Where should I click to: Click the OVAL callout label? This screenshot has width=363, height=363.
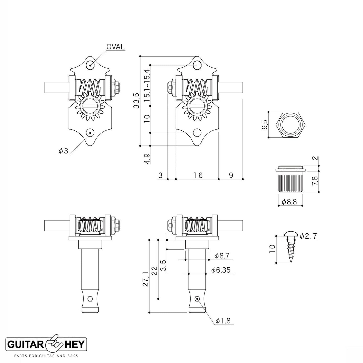point(115,47)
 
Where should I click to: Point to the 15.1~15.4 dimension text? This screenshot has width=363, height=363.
point(147,85)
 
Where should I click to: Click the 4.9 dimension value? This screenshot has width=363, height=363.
point(147,159)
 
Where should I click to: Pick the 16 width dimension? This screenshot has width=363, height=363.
point(198,175)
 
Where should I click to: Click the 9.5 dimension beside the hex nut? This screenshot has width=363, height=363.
point(264,125)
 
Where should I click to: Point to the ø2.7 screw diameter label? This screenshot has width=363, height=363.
point(309,236)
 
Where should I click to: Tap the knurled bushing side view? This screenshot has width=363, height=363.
point(291,180)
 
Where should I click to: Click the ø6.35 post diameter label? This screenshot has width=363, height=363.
point(221,270)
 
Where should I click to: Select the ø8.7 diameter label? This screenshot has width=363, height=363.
point(222,256)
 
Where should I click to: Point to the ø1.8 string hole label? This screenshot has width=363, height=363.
point(223,321)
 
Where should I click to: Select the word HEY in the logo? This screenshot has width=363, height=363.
point(75,344)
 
